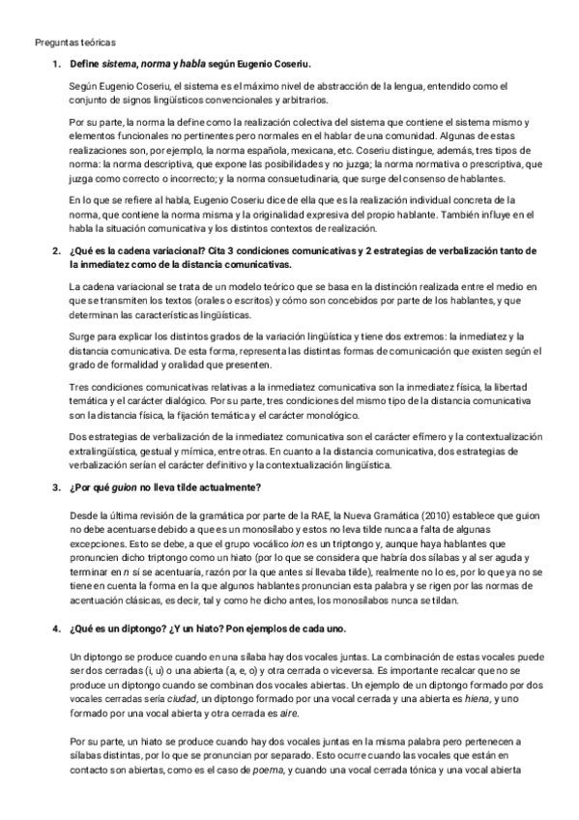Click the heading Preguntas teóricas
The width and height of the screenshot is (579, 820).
tap(74, 44)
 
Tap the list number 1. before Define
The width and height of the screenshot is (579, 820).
tap(56, 64)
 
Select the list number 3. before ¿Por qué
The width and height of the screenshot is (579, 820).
tap(56, 487)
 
